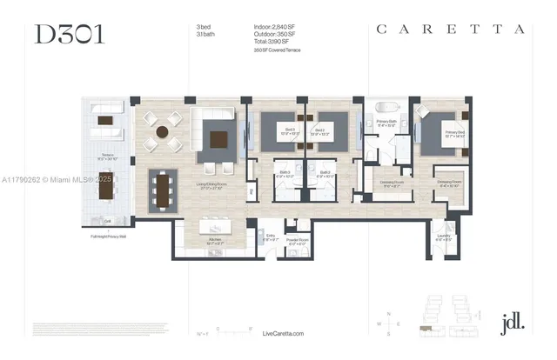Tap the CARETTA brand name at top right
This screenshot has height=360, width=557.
450,29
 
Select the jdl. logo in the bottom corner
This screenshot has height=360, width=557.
513,321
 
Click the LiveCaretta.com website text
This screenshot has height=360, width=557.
283,333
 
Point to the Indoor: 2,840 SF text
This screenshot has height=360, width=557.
275,28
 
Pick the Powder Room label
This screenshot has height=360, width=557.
296,242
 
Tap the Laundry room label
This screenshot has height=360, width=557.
444,237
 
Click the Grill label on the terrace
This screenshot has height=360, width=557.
107,218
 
